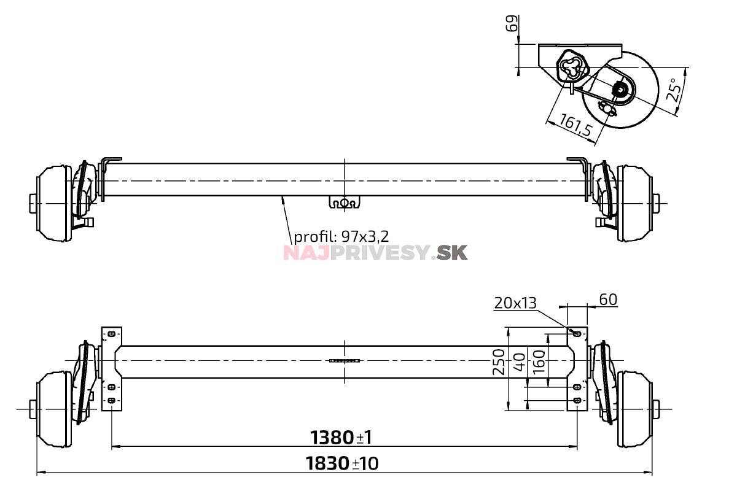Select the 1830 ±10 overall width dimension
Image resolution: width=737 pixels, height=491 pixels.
tap(342, 463)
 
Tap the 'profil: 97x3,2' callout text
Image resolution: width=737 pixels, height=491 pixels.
tap(341, 236)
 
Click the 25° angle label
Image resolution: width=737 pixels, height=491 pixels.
tap(674, 90)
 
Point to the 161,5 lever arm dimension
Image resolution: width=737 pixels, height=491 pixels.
tap(575, 125)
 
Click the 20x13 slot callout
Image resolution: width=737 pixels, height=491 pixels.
tap(515, 302)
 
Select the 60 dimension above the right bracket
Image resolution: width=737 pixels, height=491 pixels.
tap(607, 300)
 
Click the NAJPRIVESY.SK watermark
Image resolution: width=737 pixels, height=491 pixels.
tap(375, 252)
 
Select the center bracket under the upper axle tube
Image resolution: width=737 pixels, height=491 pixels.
tap(344, 202)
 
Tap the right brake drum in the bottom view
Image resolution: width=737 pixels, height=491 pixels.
tap(635, 408)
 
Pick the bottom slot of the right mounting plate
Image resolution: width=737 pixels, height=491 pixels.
tap(577, 400)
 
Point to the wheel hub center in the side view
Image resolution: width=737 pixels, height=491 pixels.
tap(621, 93)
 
